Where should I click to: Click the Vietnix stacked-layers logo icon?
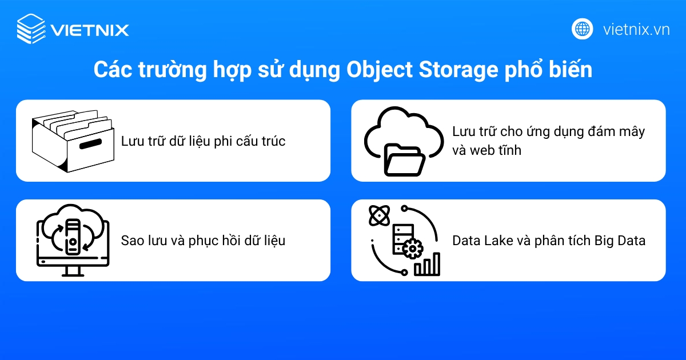pos(30,29)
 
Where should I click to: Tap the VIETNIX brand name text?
pos(90,30)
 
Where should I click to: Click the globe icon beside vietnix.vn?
pos(583,29)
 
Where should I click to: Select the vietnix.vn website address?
pos(636,29)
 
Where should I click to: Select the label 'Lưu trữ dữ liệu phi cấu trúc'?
pos(203,141)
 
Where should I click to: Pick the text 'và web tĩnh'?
pos(486,151)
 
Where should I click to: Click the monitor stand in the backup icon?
pos(72,270)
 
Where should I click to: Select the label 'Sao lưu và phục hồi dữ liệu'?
pos(203,241)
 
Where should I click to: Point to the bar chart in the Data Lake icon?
pos(428,264)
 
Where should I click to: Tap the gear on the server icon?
pos(413,249)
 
